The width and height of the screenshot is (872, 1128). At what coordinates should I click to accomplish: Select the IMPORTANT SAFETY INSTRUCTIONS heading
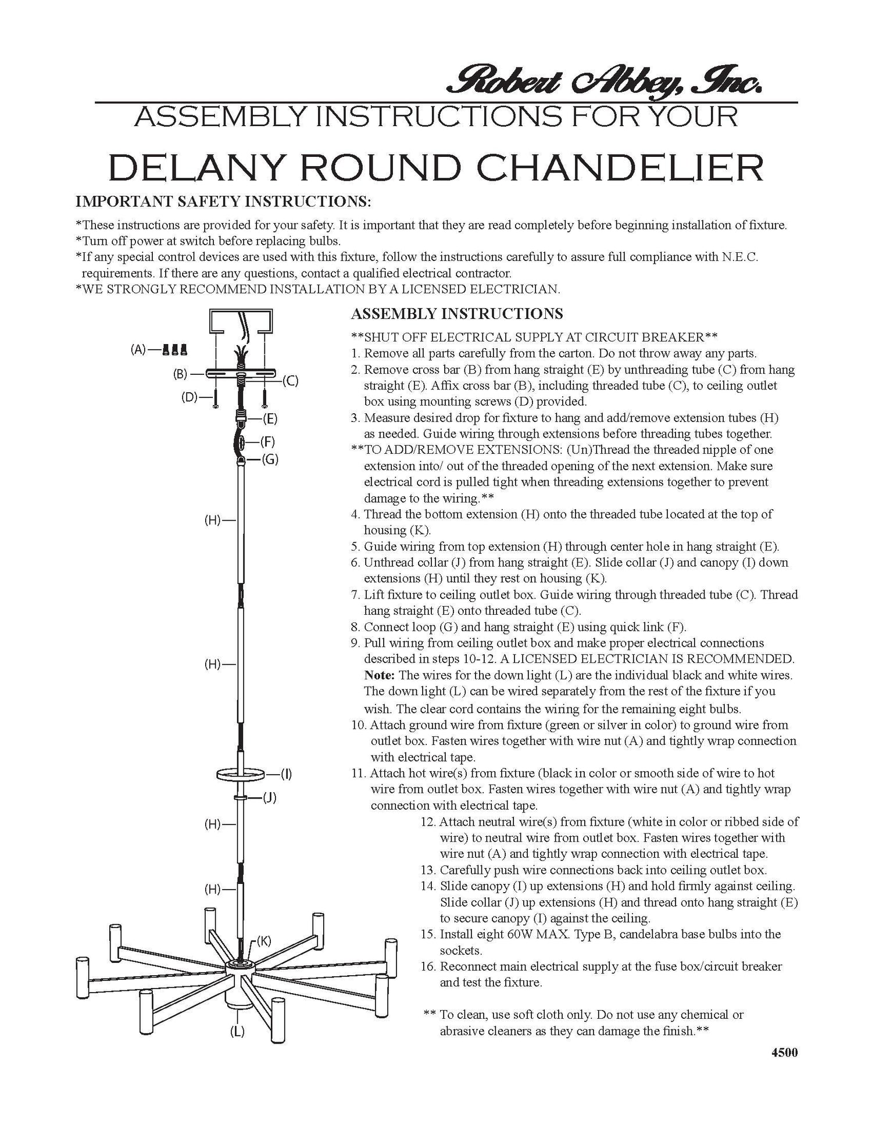(x=223, y=202)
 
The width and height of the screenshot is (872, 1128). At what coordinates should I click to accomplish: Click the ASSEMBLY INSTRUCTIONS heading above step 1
(x=457, y=314)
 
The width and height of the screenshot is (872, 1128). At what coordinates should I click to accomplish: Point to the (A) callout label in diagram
(x=138, y=350)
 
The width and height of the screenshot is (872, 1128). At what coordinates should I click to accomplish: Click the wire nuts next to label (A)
(x=175, y=350)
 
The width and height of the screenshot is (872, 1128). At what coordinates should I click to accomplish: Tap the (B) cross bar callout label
(x=180, y=375)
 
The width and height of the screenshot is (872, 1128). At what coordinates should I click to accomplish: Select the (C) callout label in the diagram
(x=290, y=381)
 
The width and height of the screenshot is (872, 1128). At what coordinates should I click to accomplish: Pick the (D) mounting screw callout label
(x=189, y=398)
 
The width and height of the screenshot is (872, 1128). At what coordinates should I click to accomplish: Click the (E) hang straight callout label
(x=270, y=418)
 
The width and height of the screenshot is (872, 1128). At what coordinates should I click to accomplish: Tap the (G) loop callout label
(x=270, y=460)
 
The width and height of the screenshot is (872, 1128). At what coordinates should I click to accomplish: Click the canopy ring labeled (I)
(x=241, y=774)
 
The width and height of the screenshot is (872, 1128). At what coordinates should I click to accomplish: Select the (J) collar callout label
(x=269, y=798)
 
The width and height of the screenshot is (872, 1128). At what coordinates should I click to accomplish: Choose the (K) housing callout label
(x=263, y=941)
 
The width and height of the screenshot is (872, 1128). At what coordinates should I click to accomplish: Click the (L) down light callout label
(x=237, y=1032)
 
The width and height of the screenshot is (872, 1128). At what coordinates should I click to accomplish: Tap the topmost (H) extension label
(x=212, y=520)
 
